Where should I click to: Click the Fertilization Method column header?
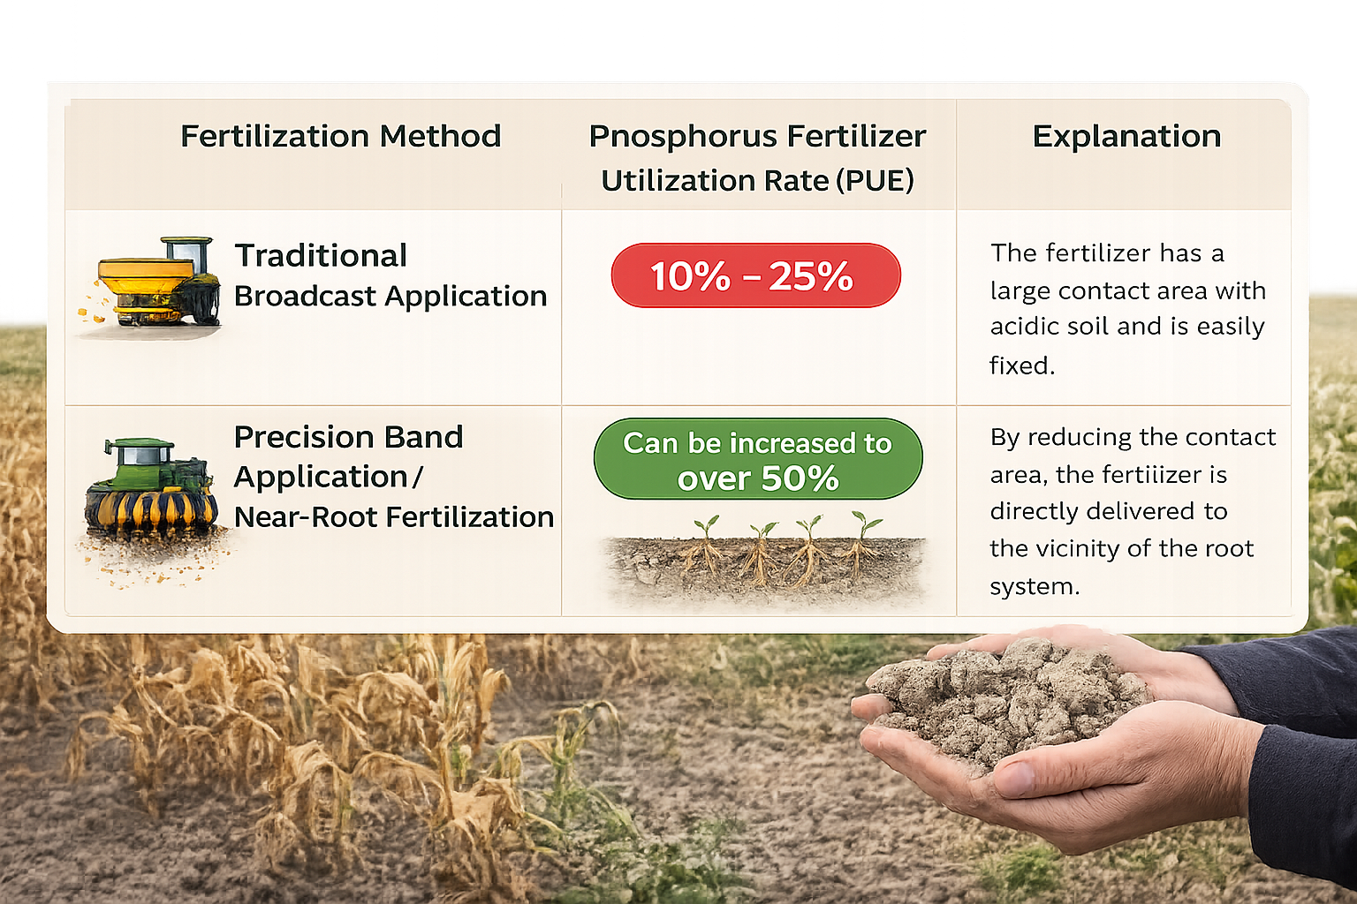(340, 136)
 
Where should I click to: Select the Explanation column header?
(1126, 136)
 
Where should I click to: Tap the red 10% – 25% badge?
(755, 275)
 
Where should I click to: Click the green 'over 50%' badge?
(758, 459)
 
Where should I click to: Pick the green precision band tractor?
(150, 490)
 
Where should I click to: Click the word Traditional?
(321, 256)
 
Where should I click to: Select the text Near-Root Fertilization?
(394, 517)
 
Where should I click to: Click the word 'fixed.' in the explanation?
(1022, 365)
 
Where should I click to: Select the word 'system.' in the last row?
(1035, 586)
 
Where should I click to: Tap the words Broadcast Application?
(390, 297)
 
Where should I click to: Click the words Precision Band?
(348, 437)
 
